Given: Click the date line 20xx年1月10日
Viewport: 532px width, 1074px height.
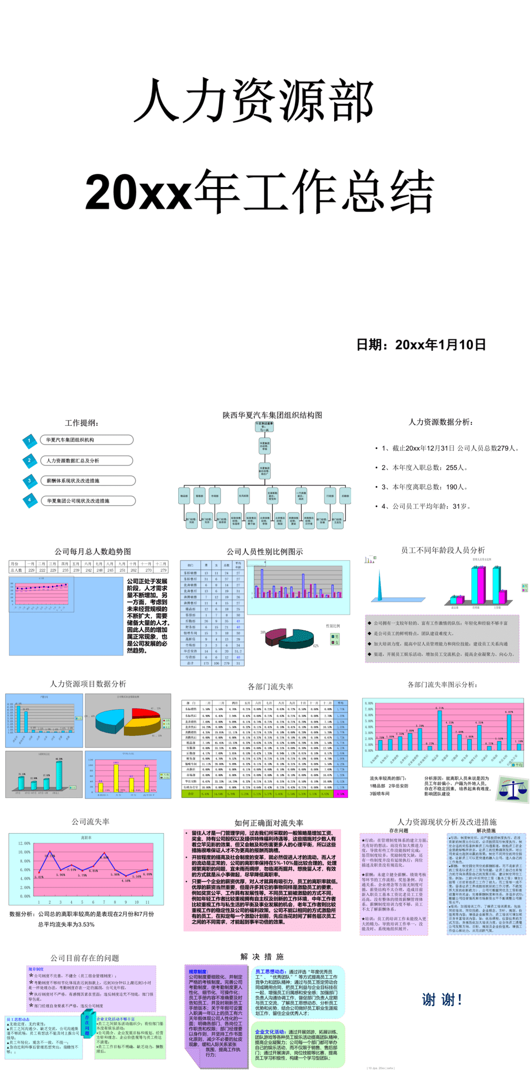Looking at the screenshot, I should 421,345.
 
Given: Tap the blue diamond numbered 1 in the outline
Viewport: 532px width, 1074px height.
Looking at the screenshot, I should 29,440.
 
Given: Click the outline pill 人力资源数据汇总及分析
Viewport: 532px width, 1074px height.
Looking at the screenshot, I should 73,460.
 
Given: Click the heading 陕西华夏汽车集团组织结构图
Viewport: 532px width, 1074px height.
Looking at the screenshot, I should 272,415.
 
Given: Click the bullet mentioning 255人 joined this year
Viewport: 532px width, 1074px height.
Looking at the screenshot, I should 424,467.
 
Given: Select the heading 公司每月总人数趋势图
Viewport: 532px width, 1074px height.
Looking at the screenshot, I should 93,551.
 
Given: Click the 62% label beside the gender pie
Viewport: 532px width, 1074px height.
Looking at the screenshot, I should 315,646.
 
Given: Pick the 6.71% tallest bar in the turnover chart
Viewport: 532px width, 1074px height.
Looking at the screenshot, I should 439,729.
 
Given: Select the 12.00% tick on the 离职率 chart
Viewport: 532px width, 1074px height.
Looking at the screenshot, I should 24,843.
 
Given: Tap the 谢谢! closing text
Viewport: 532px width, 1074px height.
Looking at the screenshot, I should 442,1000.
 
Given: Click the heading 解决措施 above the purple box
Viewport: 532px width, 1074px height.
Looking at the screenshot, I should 262,956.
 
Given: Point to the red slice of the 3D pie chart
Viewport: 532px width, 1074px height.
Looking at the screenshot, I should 145,713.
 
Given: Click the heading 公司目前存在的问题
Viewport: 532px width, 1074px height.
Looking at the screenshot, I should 85,958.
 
